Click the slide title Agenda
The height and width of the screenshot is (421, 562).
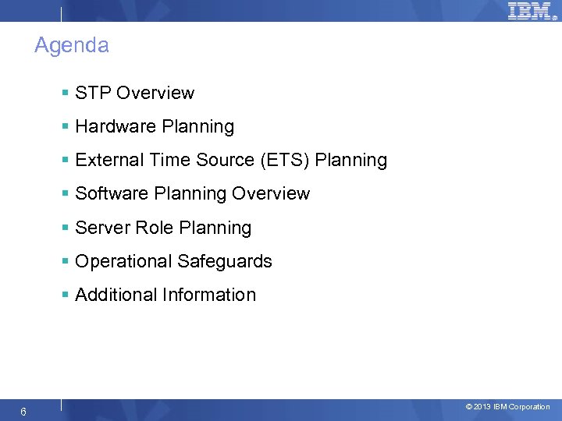click(x=72, y=46)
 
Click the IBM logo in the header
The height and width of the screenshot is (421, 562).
click(x=530, y=11)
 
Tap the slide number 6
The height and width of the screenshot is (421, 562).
click(x=24, y=412)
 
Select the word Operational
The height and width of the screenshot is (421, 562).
click(x=123, y=262)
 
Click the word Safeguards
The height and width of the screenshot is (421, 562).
click(x=224, y=262)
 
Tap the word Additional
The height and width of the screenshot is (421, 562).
click(x=116, y=295)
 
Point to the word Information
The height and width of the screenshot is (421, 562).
click(x=209, y=295)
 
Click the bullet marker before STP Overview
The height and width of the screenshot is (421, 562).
click(x=66, y=94)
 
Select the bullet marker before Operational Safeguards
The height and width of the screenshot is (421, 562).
click(x=66, y=262)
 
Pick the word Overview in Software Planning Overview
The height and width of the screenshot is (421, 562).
click(x=272, y=194)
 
